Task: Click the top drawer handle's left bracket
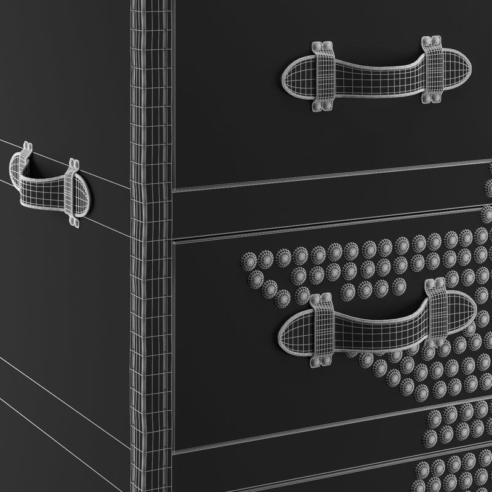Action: [325, 77]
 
